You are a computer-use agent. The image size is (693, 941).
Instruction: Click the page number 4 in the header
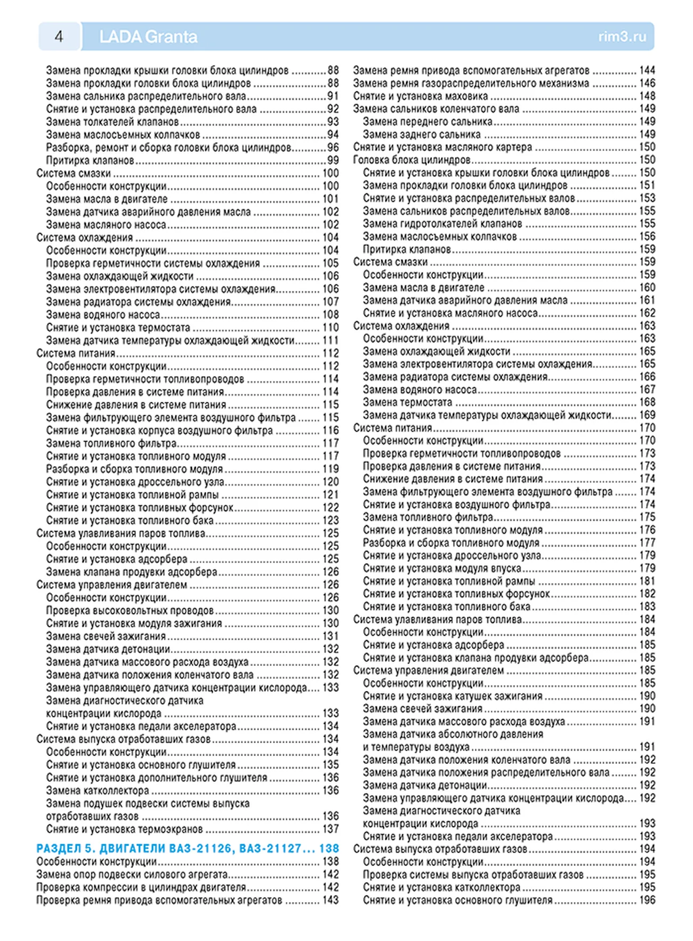59,36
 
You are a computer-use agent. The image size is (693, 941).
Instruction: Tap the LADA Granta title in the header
148,36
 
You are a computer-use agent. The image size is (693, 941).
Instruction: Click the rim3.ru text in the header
622,36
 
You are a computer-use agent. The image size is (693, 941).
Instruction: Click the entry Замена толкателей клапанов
112,122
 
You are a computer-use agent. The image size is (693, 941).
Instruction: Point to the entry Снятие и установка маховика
420,96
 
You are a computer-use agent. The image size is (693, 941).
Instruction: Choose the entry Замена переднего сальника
428,122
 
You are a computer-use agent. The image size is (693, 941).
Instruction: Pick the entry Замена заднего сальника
422,134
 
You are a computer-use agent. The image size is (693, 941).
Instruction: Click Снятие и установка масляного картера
442,147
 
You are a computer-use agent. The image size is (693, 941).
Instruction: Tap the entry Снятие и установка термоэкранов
124,829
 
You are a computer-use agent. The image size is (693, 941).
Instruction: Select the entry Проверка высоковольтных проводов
130,610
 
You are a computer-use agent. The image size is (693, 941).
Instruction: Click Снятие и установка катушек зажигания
453,696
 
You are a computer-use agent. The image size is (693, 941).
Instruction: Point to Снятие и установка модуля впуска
442,568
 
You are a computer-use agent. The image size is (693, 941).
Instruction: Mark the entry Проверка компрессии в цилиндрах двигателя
141,887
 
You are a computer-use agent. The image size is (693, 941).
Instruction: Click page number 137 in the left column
331,829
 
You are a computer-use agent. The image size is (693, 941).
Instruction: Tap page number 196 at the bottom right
647,900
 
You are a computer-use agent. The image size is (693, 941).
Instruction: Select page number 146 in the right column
647,83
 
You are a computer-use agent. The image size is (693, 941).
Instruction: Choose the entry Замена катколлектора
98,791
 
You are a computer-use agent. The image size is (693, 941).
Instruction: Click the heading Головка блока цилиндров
412,160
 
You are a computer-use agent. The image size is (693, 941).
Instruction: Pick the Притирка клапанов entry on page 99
90,160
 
